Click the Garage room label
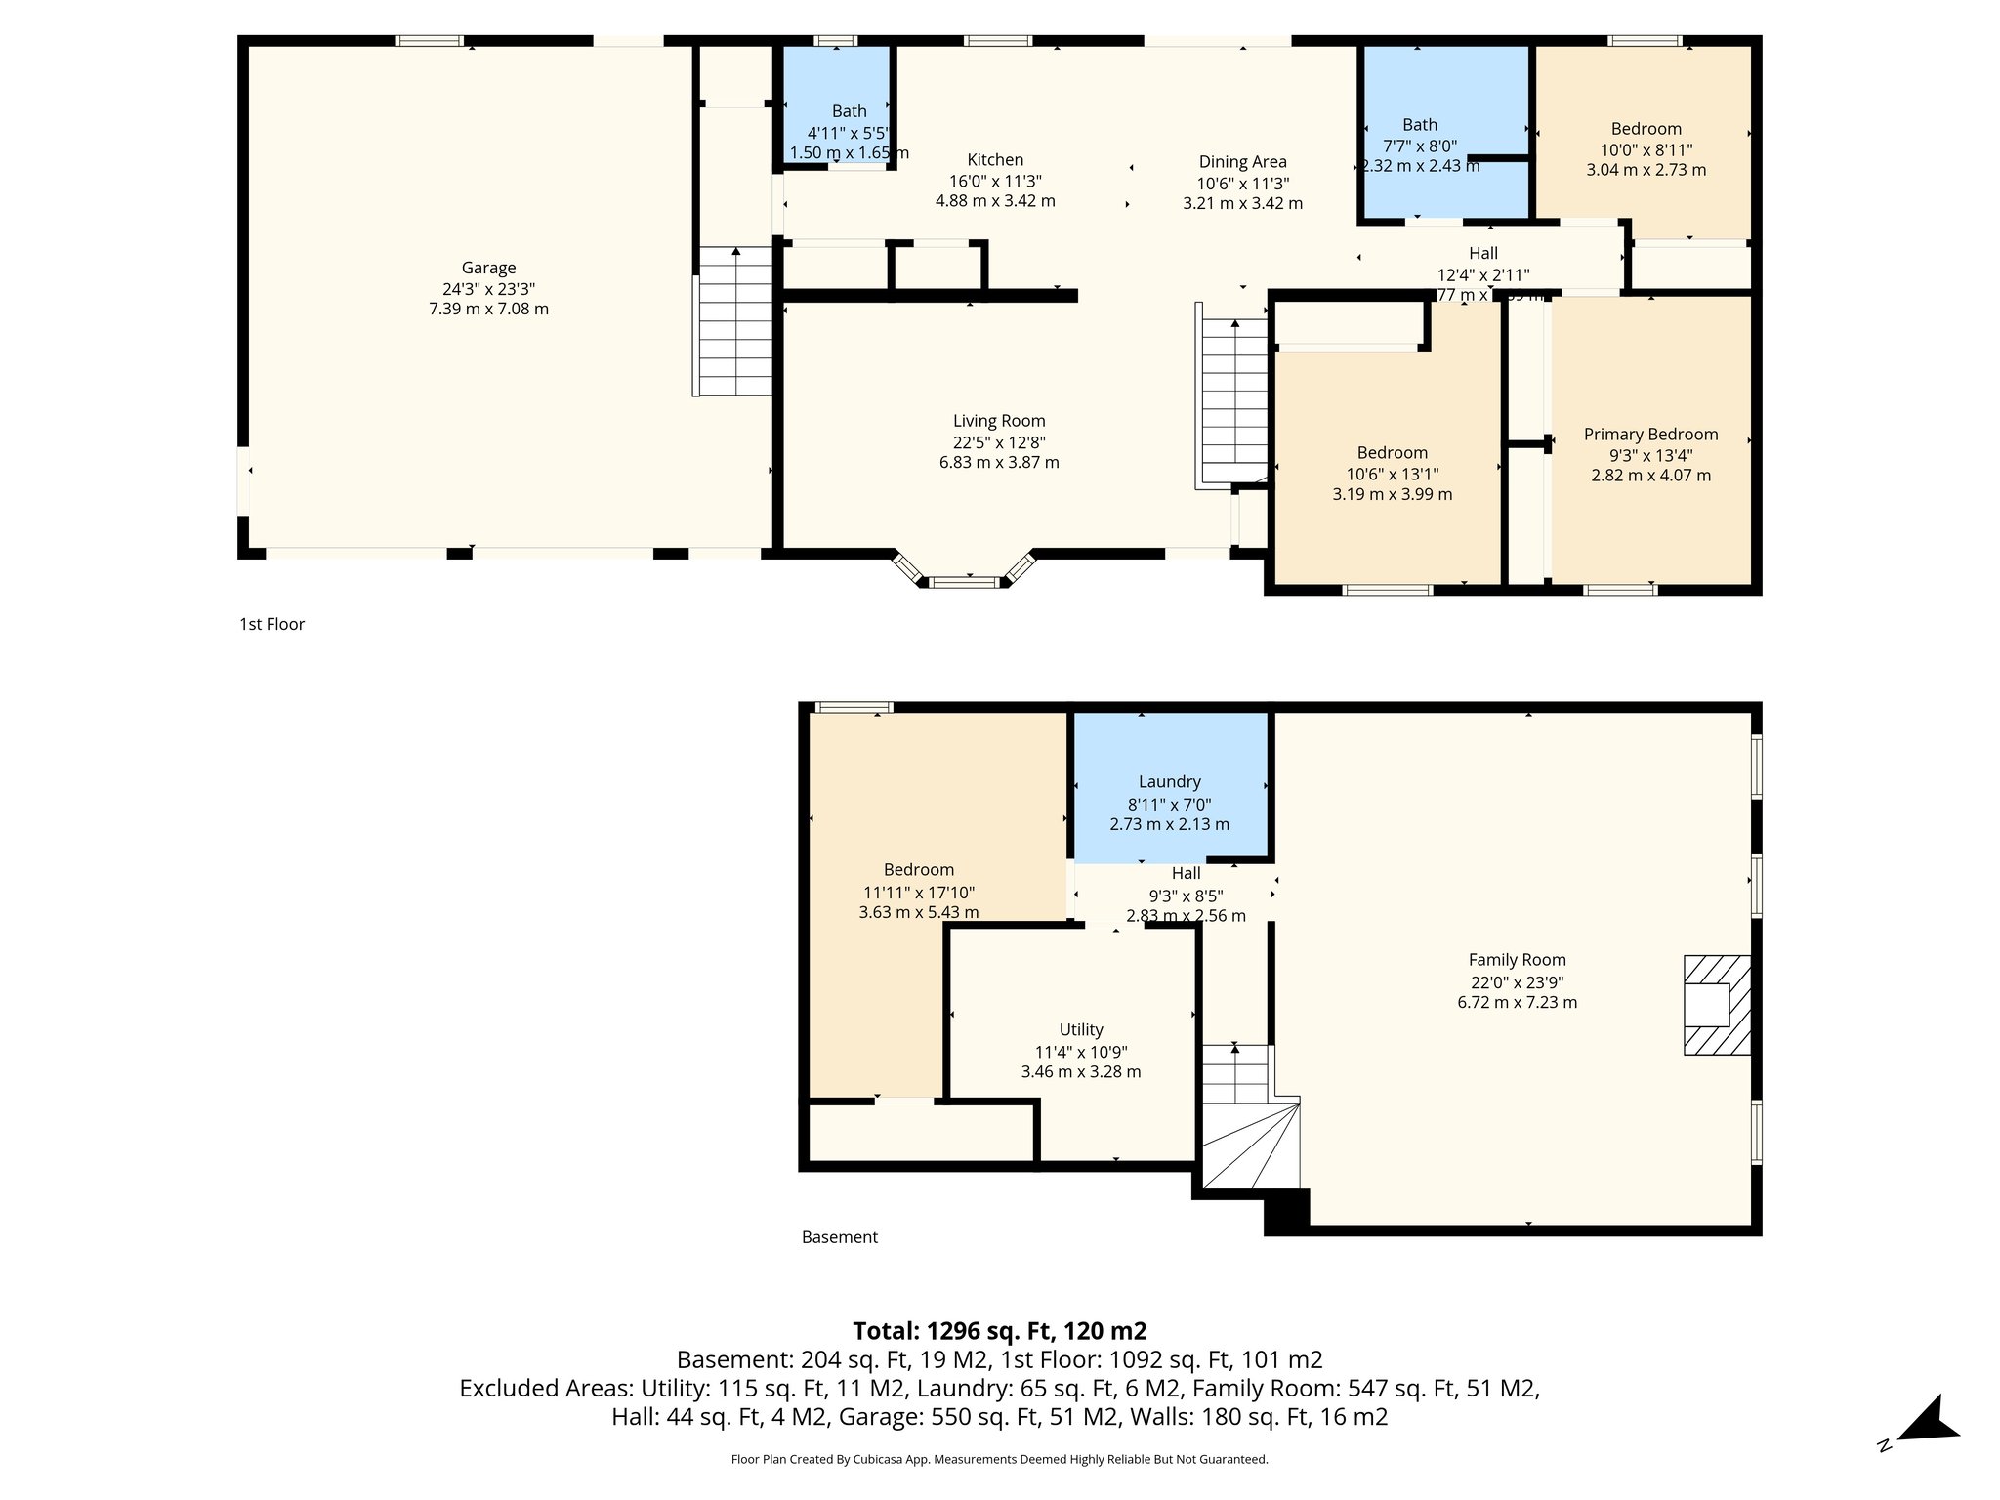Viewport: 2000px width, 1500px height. (x=488, y=268)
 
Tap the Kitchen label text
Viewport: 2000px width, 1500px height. (x=995, y=160)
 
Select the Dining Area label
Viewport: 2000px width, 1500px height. (x=1242, y=162)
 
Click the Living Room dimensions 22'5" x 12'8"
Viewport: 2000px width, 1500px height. (x=998, y=442)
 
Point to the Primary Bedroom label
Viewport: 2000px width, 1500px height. (x=1650, y=435)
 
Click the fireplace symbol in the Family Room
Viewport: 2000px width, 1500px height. (x=1716, y=1005)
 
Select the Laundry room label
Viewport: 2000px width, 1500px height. (x=1169, y=782)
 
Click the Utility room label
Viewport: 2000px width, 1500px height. (x=1081, y=1030)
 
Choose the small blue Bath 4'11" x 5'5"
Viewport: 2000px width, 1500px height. (x=849, y=112)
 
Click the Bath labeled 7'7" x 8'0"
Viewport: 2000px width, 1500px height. (x=1419, y=125)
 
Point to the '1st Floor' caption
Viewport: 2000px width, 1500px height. (x=272, y=624)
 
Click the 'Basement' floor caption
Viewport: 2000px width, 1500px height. (x=839, y=1237)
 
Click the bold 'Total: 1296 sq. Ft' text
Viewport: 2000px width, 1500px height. (x=999, y=1331)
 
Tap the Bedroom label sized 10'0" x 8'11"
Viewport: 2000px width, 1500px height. (x=1646, y=129)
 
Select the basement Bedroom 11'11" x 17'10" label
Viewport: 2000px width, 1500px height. (x=918, y=870)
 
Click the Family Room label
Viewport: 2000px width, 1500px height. (x=1517, y=960)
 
